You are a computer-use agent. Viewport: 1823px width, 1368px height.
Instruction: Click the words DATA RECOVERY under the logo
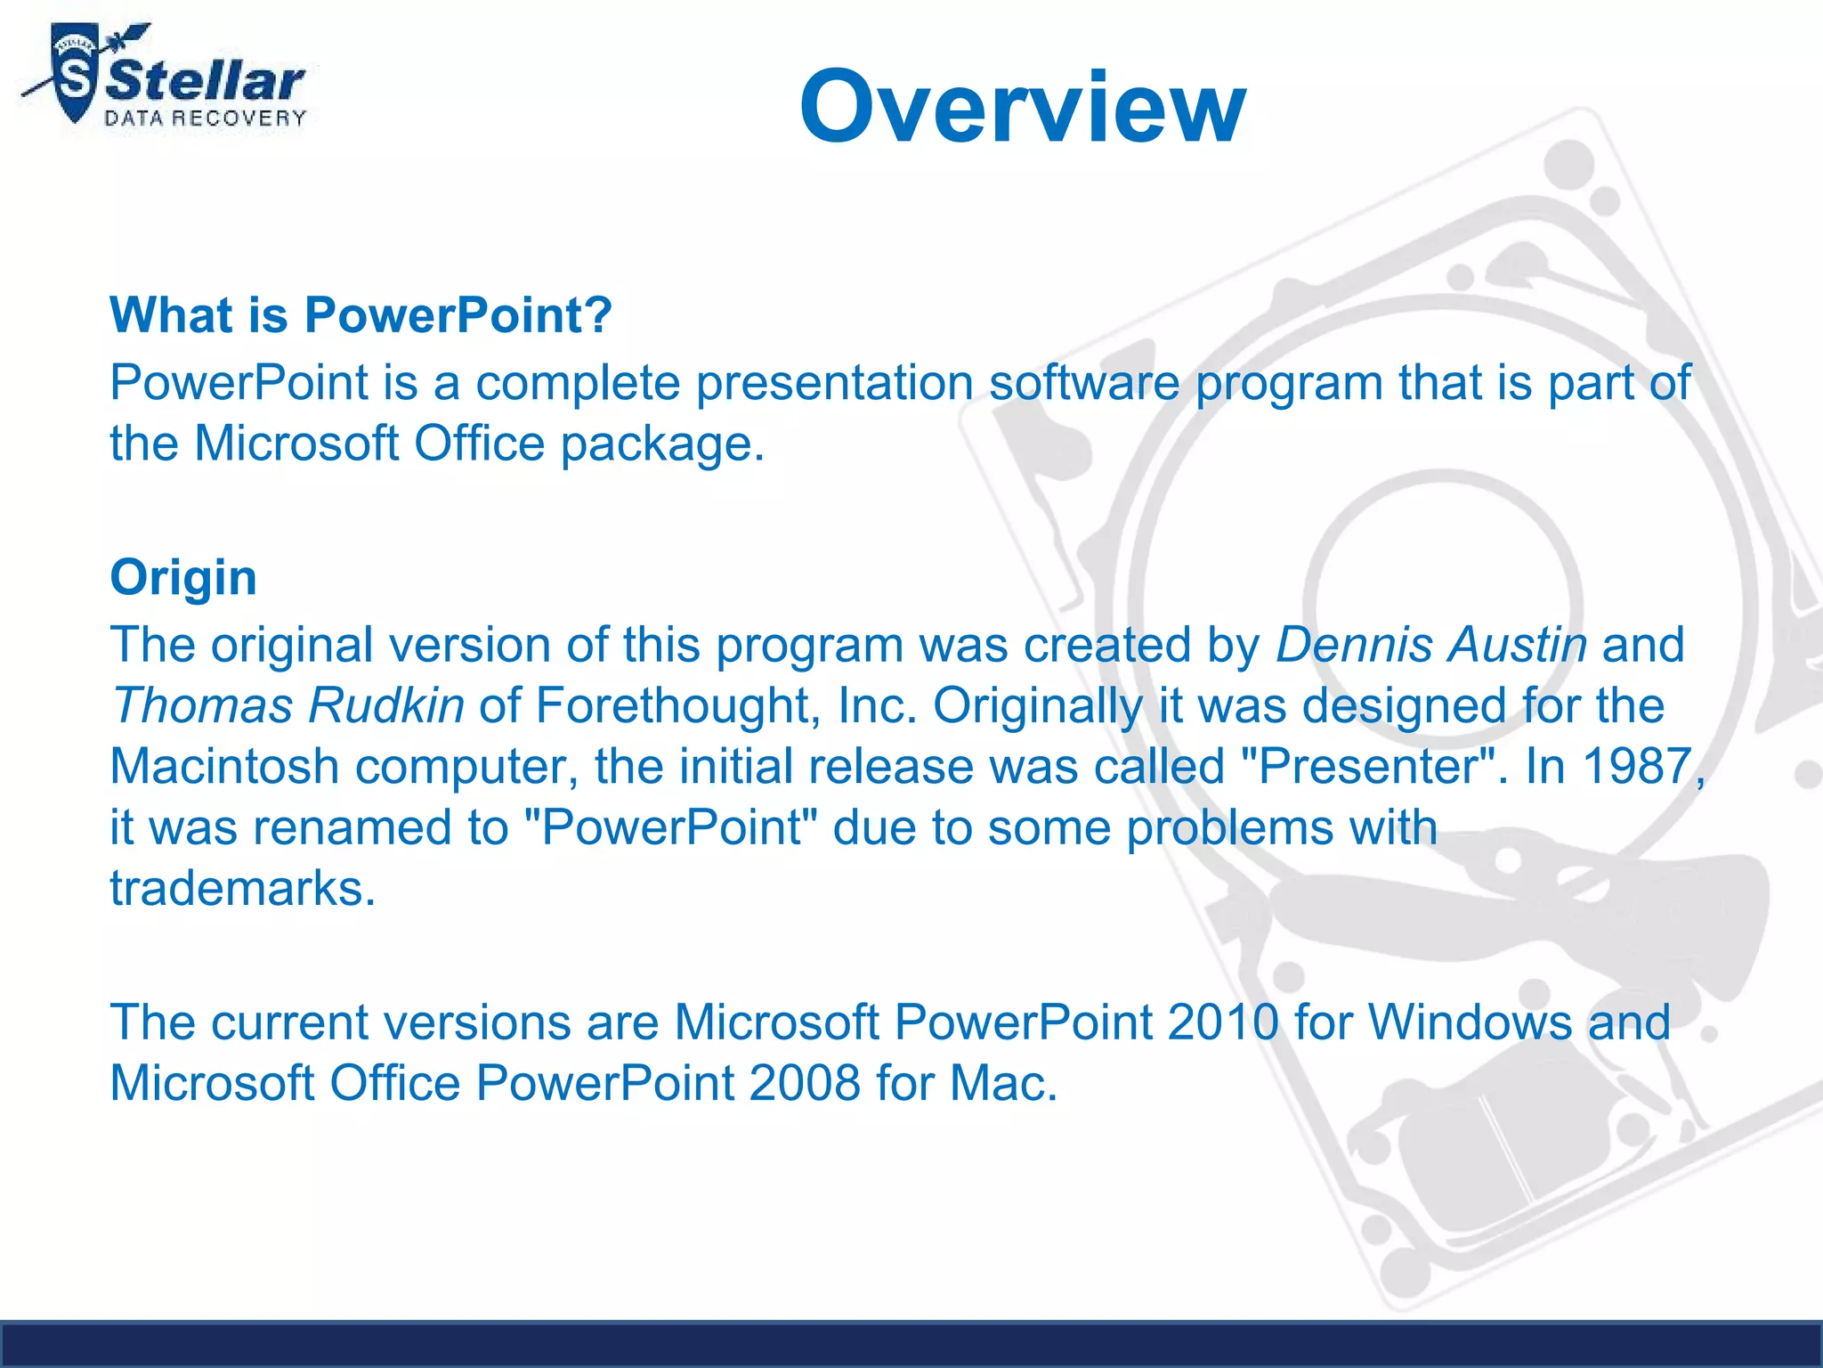click(x=206, y=118)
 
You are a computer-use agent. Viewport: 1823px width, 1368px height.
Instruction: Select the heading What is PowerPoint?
click(x=361, y=314)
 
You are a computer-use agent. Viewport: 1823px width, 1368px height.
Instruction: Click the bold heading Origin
click(x=183, y=576)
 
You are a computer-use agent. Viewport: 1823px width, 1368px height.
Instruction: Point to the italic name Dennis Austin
click(x=1430, y=644)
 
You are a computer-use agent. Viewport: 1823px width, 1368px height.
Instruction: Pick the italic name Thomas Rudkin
click(x=288, y=705)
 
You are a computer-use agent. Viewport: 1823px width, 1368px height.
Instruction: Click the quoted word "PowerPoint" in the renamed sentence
click(x=671, y=827)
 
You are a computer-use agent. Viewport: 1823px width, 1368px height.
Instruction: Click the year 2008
click(x=804, y=1083)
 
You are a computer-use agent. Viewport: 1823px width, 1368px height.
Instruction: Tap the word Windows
click(x=1471, y=1022)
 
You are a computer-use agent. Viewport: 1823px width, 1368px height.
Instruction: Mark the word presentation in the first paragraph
click(x=834, y=383)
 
